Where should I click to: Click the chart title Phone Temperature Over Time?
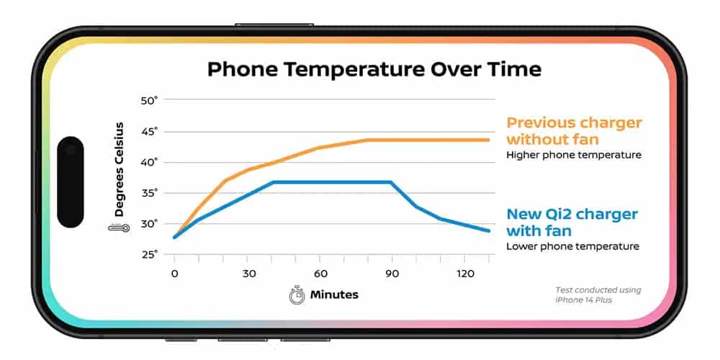click(374, 70)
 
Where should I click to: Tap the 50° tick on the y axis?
click(149, 100)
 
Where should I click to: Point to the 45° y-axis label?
click(149, 131)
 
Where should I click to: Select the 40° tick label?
click(149, 162)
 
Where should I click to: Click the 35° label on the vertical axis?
click(149, 193)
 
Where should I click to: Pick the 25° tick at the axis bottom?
click(149, 254)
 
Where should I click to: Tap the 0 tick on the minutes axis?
click(174, 274)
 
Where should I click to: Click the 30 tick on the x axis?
click(247, 274)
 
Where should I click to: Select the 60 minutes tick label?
click(320, 274)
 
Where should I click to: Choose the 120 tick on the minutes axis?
click(464, 274)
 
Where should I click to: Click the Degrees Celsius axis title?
click(119, 170)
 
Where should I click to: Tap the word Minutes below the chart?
click(334, 294)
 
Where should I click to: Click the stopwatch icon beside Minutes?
click(297, 294)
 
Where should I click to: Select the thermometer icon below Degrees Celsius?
click(119, 228)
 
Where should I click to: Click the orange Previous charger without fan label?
click(574, 131)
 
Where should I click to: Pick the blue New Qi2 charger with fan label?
click(572, 222)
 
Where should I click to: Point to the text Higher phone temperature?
click(573, 155)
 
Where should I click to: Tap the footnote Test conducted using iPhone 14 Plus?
click(598, 295)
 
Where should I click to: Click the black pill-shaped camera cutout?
click(71, 181)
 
